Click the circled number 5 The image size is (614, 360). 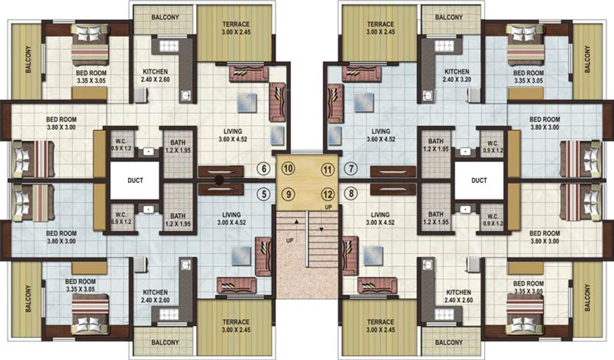pos(265,193)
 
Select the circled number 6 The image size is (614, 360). pos(265,169)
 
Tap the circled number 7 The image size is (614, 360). pos(351,169)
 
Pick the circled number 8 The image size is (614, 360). pos(351,193)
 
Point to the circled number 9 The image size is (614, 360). pos(289,193)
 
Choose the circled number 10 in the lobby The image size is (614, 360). pos(289,169)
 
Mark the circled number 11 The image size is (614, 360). pos(327,169)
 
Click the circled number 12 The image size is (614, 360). pos(327,193)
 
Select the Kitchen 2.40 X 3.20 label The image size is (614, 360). pos(457,75)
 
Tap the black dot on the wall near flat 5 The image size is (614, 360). pos(219,179)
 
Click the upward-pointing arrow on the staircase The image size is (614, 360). pos(296,220)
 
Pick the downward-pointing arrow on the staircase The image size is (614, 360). pos(322,229)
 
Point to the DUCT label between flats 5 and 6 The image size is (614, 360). pos(135,180)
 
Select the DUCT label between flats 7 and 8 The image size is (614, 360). pos(479,180)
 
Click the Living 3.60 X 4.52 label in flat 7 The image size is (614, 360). pos(381,135)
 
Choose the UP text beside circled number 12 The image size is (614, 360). pos(328,207)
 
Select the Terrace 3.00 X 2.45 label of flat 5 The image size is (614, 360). pos(236,325)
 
